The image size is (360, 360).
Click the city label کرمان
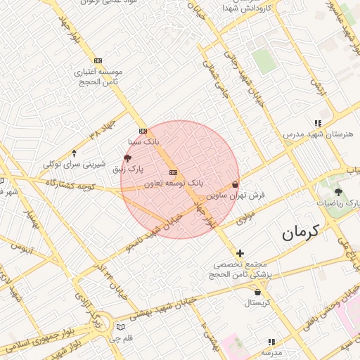pos(300,232)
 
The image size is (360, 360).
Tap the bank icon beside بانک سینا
pos(143,131)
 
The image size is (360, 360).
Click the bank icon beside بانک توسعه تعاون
pos(173,172)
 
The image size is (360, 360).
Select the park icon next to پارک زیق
pos(127,158)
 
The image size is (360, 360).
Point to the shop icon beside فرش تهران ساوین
pos(235,185)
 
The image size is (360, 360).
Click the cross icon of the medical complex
pos(240,253)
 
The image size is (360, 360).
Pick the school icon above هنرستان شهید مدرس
pos(318,123)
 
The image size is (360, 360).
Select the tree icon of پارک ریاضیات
pos(339,191)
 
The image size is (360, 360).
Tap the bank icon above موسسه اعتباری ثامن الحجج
pos(97,61)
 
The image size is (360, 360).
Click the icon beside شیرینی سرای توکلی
pos(75,153)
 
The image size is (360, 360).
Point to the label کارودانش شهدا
pos(246,8)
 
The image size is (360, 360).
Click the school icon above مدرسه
pos(271,340)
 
